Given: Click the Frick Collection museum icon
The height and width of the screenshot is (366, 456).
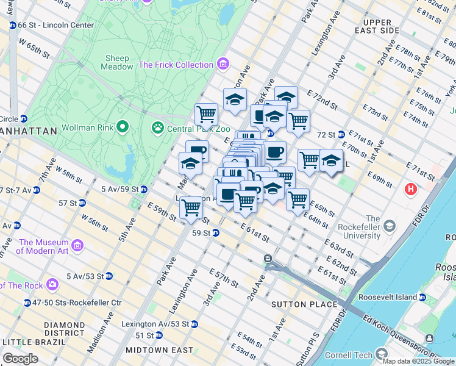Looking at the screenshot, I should [223, 64].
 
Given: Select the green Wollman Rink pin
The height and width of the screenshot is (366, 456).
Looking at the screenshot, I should [123, 127].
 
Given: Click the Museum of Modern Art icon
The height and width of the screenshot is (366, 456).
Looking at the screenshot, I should [77, 246].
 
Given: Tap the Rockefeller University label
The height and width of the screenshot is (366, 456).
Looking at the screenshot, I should [352, 228].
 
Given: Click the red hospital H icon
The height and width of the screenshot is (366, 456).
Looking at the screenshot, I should [411, 189].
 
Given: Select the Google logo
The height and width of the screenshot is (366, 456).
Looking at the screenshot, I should [21, 358].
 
